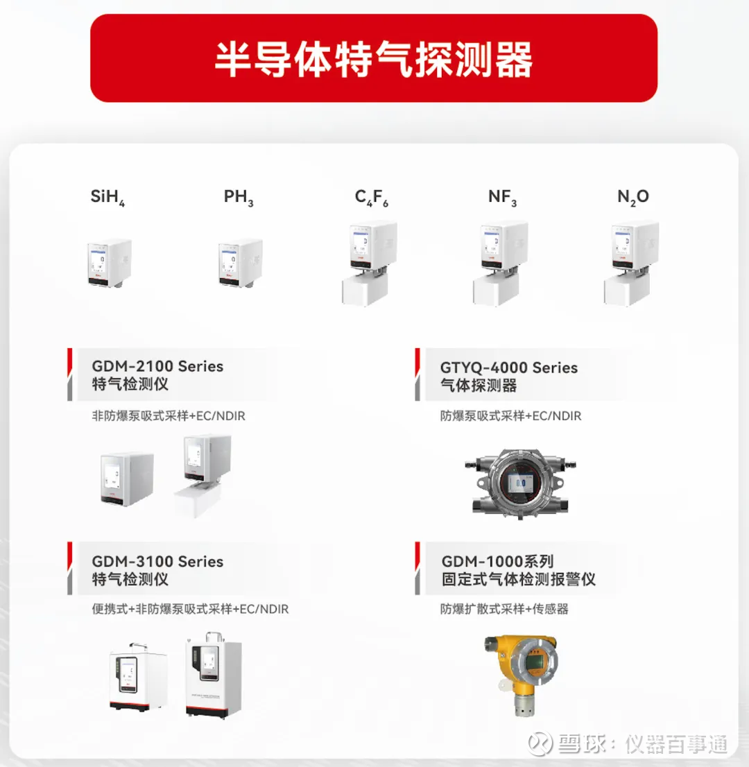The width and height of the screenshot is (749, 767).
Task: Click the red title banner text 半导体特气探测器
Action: tap(374, 59)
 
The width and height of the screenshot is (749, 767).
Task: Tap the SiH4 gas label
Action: tap(107, 197)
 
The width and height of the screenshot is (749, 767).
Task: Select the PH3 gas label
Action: tap(239, 197)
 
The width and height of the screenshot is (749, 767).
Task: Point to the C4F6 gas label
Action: tap(371, 197)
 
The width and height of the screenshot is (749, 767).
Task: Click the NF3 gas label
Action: tap(502, 197)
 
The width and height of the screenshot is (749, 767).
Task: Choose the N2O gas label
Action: tap(633, 197)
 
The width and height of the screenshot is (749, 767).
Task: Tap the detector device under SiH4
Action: tap(110, 263)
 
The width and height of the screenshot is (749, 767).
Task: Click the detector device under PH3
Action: tap(241, 263)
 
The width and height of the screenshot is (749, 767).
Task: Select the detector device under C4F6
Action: tap(370, 264)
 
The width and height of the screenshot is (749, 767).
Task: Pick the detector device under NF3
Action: tap(501, 264)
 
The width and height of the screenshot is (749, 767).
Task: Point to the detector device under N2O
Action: tap(632, 264)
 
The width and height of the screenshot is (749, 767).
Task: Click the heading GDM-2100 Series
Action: tap(157, 366)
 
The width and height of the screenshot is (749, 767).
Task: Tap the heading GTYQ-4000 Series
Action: tap(509, 368)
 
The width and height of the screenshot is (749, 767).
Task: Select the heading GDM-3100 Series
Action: tap(157, 562)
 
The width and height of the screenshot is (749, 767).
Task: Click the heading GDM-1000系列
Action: tap(497, 562)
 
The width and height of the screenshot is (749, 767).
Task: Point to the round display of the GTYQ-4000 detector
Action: tap(519, 483)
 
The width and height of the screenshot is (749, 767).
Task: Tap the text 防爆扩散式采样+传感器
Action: tap(504, 609)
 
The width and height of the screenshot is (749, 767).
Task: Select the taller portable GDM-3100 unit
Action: tap(214, 675)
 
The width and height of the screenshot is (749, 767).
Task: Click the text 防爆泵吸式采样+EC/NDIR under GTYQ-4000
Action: tap(510, 416)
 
